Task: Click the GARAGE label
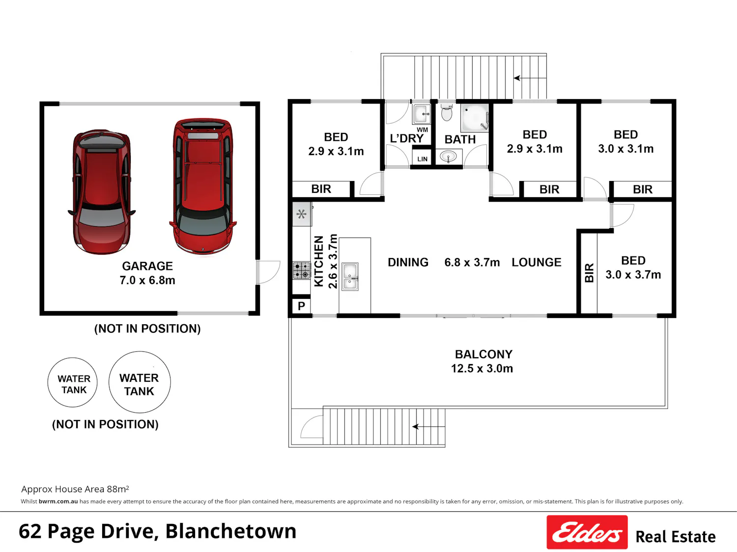click(147, 266)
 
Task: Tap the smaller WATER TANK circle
click(73, 358)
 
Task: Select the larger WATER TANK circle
click(140, 352)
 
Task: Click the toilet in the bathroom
click(447, 113)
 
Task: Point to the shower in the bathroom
click(475, 118)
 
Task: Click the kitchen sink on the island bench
click(350, 276)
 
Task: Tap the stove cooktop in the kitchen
click(302, 270)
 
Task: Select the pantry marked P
click(301, 306)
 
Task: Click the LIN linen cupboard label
click(423, 159)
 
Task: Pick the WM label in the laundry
click(423, 130)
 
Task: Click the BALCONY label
click(484, 354)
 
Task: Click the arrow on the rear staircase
click(531, 78)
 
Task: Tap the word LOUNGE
click(537, 262)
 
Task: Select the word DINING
click(408, 262)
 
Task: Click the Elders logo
click(587, 532)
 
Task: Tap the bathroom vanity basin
click(448, 157)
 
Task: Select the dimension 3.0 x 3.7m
click(633, 274)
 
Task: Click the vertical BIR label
click(589, 273)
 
